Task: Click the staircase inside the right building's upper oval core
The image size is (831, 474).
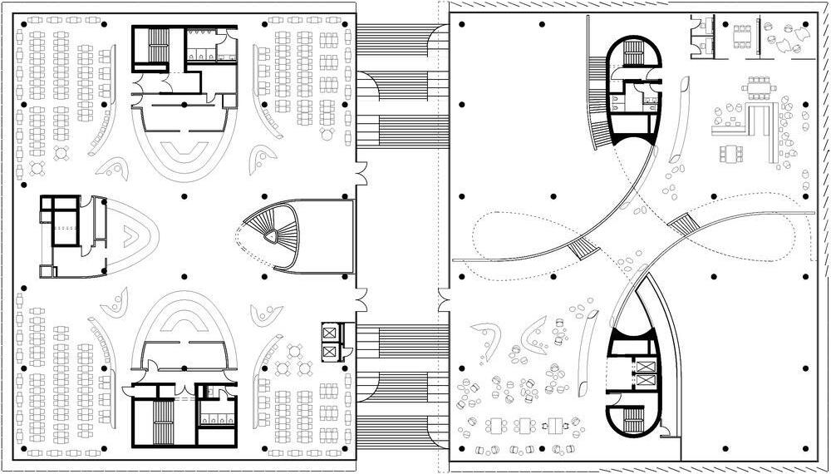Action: point(633,57)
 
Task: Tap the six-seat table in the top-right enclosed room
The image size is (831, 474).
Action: point(739,34)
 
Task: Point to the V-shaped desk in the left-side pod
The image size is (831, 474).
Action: point(130,235)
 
